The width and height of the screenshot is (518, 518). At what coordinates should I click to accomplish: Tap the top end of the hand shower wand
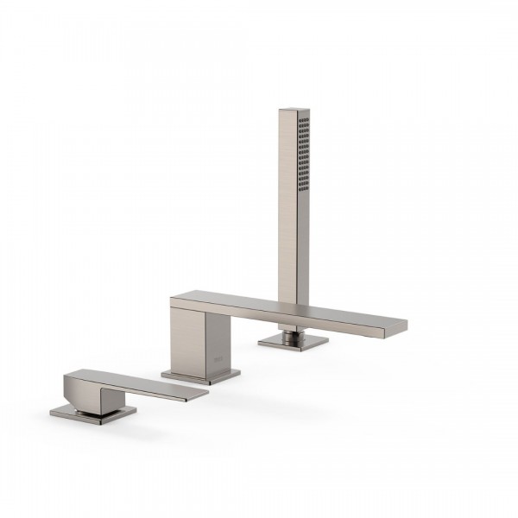(x=294, y=111)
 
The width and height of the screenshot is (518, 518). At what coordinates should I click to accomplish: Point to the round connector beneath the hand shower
(x=292, y=332)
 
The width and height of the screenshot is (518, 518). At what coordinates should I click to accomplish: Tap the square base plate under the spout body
(x=201, y=376)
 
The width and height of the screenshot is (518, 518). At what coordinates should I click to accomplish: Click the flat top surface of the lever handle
(x=129, y=381)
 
